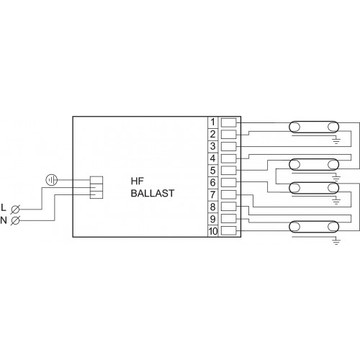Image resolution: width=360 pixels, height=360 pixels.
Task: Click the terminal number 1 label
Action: coord(212,122)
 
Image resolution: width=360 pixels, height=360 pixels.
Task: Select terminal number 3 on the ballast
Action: coord(212,146)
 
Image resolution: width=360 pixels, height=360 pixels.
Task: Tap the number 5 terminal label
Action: coord(212,171)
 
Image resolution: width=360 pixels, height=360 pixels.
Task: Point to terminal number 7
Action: coord(212,194)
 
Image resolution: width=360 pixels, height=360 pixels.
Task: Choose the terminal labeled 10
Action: coord(213,231)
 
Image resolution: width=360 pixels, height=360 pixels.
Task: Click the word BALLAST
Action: coord(153,193)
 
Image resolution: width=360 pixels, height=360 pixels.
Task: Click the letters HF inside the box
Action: coord(138,181)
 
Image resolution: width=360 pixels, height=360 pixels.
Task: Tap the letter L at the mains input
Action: coord(4,207)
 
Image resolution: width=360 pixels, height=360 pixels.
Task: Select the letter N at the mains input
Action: coord(4,220)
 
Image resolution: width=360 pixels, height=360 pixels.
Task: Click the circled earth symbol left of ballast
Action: coord(52,180)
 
